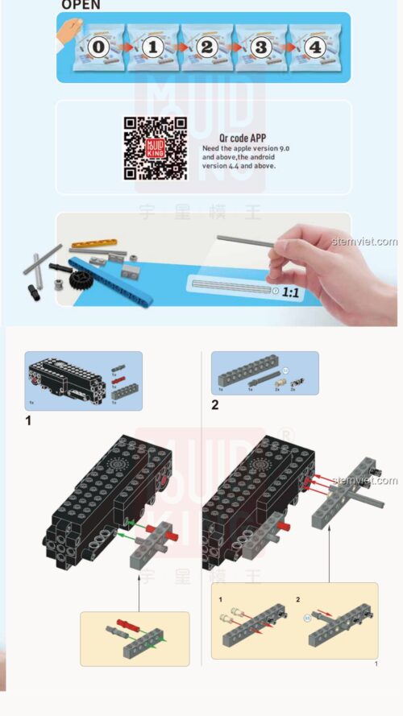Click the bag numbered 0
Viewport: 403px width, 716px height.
click(x=98, y=48)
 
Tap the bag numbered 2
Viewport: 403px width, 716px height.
click(x=206, y=48)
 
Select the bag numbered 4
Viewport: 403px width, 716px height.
click(x=315, y=48)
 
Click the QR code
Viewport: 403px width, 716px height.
click(x=156, y=147)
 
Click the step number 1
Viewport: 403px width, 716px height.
click(x=29, y=419)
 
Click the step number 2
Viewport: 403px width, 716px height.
click(x=215, y=405)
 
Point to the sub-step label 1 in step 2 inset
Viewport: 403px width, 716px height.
click(x=220, y=599)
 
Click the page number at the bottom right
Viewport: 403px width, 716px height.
click(x=376, y=664)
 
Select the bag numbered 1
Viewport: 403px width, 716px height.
click(x=152, y=48)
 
